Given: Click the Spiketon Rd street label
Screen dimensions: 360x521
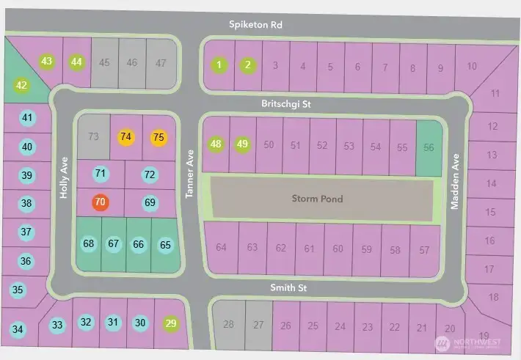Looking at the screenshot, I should [x=255, y=25].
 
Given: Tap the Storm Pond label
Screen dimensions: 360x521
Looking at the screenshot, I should [x=317, y=199].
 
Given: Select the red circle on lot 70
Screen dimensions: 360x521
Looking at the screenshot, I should [x=101, y=202].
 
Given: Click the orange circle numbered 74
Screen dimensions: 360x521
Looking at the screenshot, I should [x=126, y=136].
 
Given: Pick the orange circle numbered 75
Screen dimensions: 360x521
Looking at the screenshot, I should [x=159, y=137].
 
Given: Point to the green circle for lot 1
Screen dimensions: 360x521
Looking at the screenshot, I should [x=219, y=65].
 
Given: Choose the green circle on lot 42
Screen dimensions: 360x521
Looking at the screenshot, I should [x=21, y=86].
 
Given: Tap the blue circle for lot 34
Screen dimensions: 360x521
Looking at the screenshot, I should [x=18, y=329].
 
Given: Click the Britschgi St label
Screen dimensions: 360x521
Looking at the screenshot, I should [x=287, y=105].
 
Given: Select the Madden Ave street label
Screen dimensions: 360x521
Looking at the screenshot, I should [x=455, y=182].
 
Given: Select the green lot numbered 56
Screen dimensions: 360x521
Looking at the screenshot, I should [x=429, y=147].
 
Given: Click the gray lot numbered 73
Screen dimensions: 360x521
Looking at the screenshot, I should [x=93, y=136].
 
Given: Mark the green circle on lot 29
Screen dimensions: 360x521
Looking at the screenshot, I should [x=172, y=323].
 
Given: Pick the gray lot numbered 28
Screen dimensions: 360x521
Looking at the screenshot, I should [x=228, y=325].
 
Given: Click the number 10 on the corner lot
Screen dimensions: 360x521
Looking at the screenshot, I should [x=472, y=67].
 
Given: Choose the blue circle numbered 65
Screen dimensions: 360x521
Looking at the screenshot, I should [x=165, y=245].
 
